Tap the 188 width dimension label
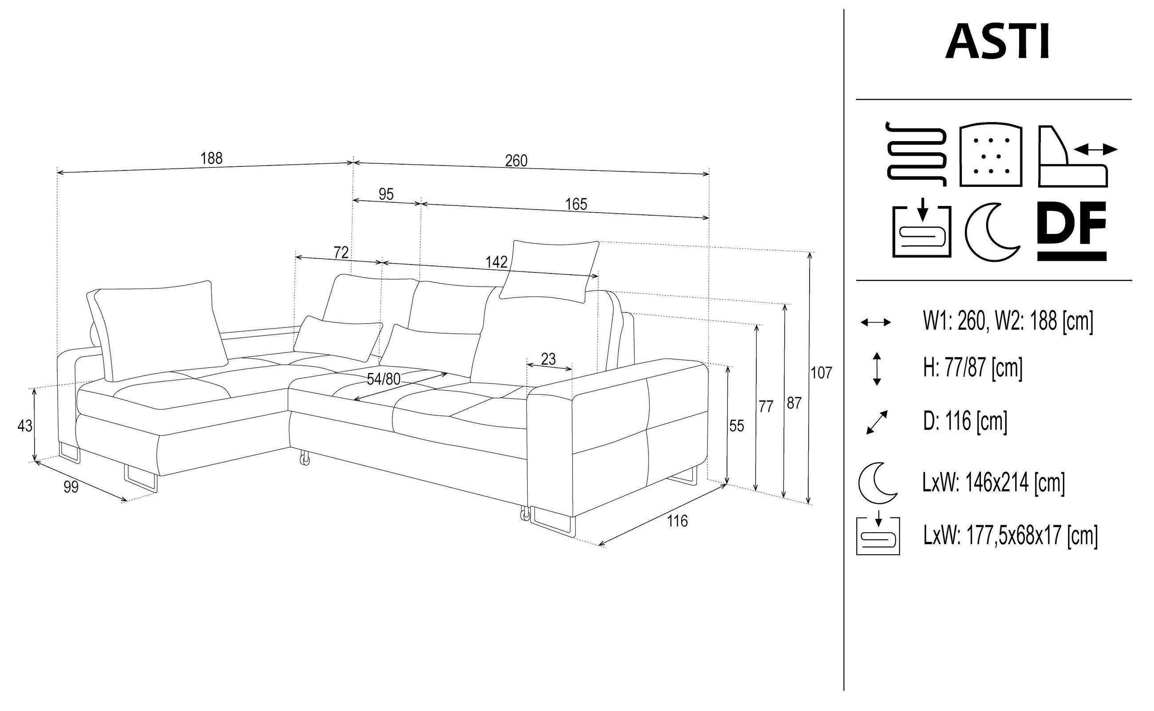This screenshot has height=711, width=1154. tap(211, 158)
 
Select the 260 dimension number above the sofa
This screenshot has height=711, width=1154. tap(516, 161)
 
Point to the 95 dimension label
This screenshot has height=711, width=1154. tap(386, 194)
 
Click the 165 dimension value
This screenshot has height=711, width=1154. tap(576, 204)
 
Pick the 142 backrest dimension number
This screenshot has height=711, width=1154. tap(497, 262)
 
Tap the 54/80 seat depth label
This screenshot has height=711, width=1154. tap(384, 379)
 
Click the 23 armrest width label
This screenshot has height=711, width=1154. tap(548, 359)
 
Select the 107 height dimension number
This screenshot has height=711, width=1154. tap(821, 373)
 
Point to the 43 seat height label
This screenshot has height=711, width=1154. tap(24, 426)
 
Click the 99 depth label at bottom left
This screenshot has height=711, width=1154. tap(71, 487)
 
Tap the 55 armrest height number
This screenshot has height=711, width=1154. tap(736, 426)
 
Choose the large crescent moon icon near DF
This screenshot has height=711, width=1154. tap(993, 232)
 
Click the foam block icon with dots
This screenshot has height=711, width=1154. tap(991, 155)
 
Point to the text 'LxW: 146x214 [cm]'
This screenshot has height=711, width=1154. tap(993, 482)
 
